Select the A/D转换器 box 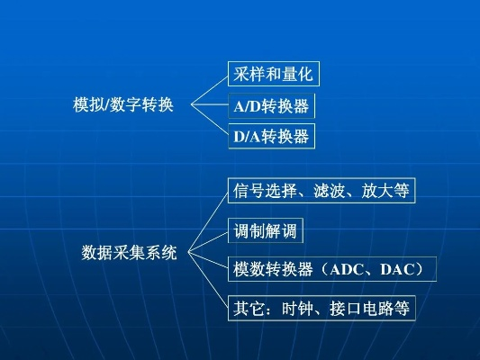click(271, 107)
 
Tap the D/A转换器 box click(271, 137)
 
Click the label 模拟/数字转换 click(122, 105)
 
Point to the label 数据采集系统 click(129, 251)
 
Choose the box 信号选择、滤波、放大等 click(322, 191)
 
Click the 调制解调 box click(264, 230)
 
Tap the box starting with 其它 click(322, 308)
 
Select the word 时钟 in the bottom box click(297, 308)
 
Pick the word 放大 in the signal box click(377, 191)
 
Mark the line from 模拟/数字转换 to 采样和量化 click(208, 90)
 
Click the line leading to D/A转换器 click(209, 122)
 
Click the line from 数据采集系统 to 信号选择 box click(207, 221)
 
